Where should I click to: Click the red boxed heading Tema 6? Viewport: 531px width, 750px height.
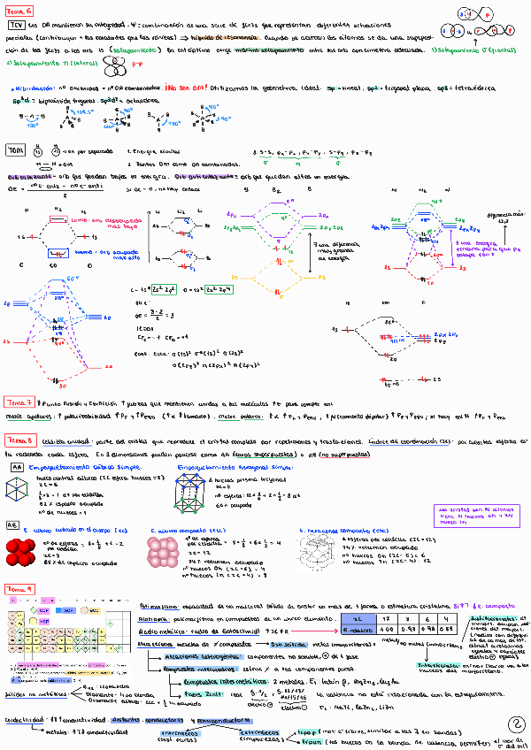point(19,11)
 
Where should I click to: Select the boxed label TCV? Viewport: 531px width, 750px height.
point(19,27)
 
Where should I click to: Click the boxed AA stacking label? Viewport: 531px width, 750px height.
point(16,466)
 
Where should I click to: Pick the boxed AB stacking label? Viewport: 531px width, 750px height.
point(13,524)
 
